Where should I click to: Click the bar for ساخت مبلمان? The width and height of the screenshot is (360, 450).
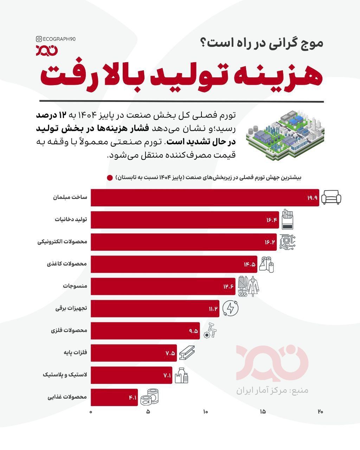[205, 198]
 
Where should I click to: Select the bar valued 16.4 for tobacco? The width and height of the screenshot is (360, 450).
[185, 220]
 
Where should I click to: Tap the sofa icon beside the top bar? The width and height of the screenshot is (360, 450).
[331, 198]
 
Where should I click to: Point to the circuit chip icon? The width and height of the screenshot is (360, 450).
[287, 242]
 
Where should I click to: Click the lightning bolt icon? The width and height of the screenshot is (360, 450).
[230, 309]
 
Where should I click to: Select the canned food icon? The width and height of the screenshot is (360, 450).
[150, 397]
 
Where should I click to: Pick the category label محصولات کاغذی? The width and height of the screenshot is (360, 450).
[67, 264]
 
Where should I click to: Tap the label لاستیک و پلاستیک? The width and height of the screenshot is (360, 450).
[65, 375]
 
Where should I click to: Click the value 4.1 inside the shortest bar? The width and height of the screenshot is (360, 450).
[133, 398]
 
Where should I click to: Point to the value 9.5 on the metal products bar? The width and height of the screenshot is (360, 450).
[193, 331]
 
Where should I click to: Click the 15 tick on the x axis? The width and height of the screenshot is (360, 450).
[263, 412]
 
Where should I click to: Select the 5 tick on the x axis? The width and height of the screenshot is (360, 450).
[148, 412]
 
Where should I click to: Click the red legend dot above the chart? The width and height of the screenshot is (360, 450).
[110, 178]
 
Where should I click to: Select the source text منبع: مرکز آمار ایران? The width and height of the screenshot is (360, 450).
[272, 390]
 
